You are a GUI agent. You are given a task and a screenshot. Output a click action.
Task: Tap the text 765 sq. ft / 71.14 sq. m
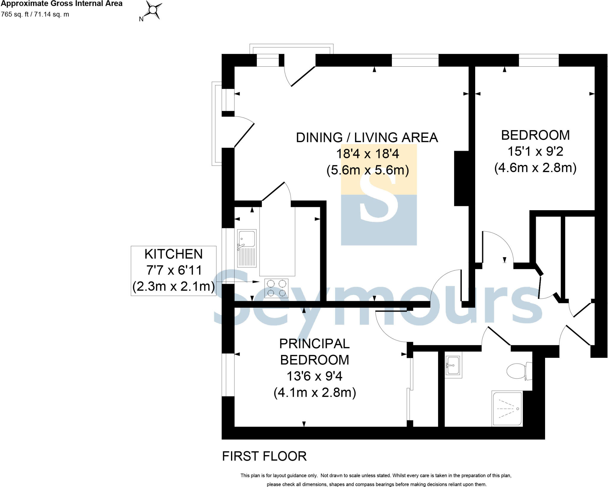[x=35, y=14]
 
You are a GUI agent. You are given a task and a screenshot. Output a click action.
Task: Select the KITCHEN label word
[x=173, y=254]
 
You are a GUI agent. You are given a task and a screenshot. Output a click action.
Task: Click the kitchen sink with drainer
[x=247, y=248]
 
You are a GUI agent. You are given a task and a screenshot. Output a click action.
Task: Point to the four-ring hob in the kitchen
[x=277, y=288]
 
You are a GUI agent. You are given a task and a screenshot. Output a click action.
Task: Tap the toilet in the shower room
[x=518, y=371]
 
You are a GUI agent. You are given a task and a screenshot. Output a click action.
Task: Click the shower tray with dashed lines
[x=507, y=409]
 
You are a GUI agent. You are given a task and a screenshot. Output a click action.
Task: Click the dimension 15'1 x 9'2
[x=535, y=152]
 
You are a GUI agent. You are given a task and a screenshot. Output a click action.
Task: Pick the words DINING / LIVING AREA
[x=367, y=138]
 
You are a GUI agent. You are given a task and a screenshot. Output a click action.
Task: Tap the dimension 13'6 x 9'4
[x=314, y=376]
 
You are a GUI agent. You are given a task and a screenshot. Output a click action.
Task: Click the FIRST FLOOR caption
[x=264, y=456]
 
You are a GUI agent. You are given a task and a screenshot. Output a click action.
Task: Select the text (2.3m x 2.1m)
[x=173, y=286]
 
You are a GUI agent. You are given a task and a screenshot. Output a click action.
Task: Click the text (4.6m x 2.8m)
[x=535, y=168]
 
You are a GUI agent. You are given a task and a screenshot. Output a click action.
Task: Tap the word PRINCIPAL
[x=314, y=344]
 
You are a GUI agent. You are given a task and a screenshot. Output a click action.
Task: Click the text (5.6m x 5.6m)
[x=368, y=170]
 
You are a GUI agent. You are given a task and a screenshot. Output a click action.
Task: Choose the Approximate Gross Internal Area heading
[x=62, y=4]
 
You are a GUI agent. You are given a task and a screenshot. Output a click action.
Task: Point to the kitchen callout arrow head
[x=256, y=282]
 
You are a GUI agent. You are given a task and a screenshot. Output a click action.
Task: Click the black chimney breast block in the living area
[x=461, y=178]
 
